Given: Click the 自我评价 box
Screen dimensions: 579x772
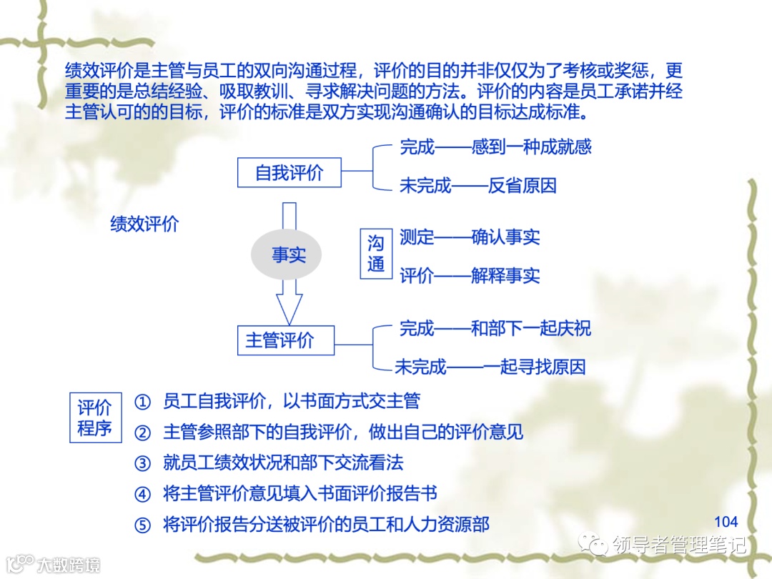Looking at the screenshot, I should click(289, 172).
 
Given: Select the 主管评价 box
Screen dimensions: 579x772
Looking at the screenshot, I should click(285, 340).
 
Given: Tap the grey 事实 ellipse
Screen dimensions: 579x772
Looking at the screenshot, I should click(288, 254).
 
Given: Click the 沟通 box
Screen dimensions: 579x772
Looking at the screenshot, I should click(376, 254).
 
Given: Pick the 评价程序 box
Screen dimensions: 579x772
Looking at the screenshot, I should click(95, 417).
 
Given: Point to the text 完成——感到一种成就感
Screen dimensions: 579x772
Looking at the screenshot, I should click(495, 148).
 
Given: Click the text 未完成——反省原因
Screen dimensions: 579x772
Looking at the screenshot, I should click(477, 186).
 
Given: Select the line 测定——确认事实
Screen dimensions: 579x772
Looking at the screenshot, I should click(470, 237).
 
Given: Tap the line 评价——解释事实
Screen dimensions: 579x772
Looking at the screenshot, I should click(470, 276).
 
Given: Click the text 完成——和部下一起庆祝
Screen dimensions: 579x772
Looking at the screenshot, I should click(495, 329).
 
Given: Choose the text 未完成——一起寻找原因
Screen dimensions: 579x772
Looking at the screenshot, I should click(490, 367).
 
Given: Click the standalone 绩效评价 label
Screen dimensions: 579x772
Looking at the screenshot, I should click(144, 224).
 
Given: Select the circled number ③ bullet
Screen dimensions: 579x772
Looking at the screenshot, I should click(144, 463).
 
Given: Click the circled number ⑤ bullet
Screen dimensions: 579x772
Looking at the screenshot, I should click(144, 525).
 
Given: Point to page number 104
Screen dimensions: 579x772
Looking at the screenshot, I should click(726, 521).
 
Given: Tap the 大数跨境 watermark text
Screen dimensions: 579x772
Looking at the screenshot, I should click(69, 564).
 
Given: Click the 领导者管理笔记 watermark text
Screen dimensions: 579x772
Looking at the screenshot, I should click(678, 545).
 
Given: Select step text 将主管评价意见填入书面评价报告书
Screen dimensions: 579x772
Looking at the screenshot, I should click(300, 494).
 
